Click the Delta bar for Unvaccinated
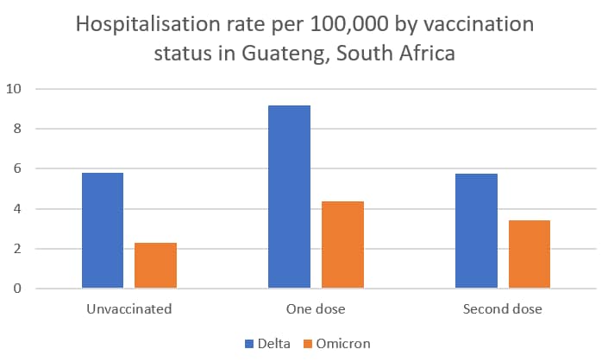(103, 230)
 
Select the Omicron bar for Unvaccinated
(155, 265)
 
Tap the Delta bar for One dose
(289, 196)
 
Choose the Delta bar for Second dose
(476, 231)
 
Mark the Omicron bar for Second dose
(529, 254)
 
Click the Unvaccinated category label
(129, 308)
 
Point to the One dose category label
(316, 308)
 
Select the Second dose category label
(502, 308)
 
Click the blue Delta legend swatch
(248, 344)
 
